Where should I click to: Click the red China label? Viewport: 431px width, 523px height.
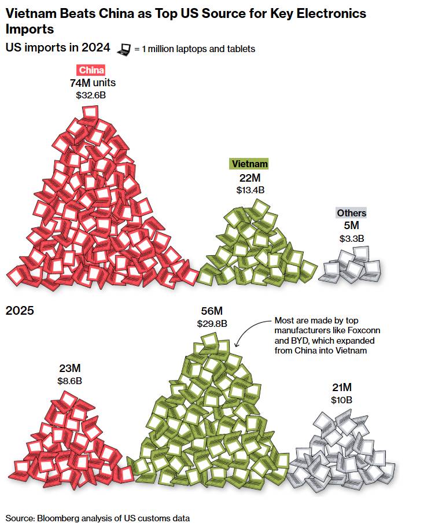91,71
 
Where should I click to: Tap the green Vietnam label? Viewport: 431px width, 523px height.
249,164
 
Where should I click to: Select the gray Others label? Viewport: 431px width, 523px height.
352,213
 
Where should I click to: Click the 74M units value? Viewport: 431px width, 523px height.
93,83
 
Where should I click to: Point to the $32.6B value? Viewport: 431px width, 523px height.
91,95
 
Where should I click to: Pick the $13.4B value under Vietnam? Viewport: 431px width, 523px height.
250,189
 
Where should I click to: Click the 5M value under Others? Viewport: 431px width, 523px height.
352,225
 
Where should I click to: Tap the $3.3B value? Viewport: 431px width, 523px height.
352,238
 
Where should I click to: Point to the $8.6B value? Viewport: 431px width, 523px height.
69,381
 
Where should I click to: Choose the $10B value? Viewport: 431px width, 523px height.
341,400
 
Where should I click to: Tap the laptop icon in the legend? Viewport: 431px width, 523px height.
123,49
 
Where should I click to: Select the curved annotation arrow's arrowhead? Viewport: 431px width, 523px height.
236,346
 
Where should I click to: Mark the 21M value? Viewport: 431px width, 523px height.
341,387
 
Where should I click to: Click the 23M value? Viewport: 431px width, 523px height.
69,368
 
